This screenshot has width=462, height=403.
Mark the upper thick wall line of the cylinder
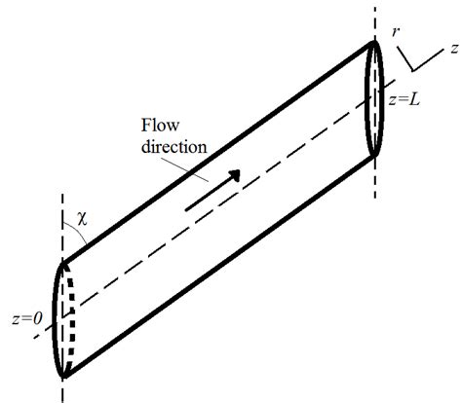[x=214, y=152]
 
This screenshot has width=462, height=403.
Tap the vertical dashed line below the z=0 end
[x=62, y=389]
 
